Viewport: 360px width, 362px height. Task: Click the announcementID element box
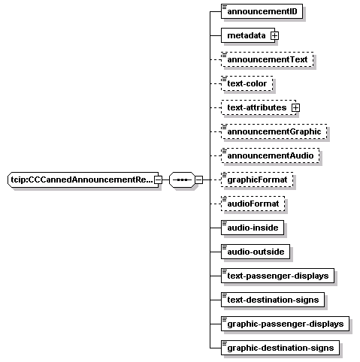click(262, 11)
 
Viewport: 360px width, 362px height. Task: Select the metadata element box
click(248, 35)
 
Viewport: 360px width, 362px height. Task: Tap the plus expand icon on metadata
click(274, 35)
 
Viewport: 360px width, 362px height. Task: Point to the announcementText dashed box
click(268, 59)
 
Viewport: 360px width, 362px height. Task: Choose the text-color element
click(247, 83)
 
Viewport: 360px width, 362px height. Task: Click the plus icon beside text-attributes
click(295, 107)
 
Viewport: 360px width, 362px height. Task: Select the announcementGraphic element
click(274, 131)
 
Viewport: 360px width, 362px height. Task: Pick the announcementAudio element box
click(271, 155)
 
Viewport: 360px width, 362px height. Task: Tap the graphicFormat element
click(257, 179)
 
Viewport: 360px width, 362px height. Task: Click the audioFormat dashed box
click(253, 204)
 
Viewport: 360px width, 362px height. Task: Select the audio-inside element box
click(253, 228)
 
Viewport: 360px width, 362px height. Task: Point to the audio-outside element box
click(256, 252)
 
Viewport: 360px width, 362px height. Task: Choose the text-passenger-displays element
click(277, 276)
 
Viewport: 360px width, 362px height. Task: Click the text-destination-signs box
click(273, 300)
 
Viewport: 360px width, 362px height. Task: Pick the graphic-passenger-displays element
click(285, 324)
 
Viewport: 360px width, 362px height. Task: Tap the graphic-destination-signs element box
click(280, 348)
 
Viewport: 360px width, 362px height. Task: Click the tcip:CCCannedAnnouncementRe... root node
click(81, 179)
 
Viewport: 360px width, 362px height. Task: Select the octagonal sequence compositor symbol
click(182, 179)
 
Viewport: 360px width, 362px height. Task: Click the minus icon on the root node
click(158, 179)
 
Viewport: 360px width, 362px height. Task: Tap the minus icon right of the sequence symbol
click(199, 179)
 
